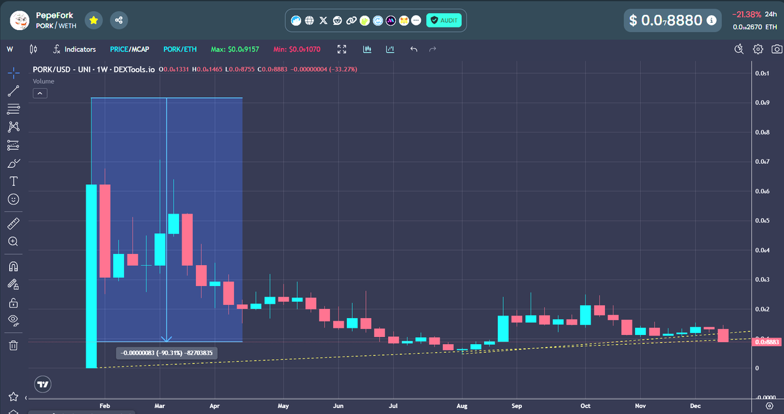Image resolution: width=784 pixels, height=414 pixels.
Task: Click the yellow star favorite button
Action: [x=94, y=20]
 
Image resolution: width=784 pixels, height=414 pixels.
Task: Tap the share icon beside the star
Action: [x=119, y=20]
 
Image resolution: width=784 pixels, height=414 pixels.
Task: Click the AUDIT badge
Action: [x=444, y=21]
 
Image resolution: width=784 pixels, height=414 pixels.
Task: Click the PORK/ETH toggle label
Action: [x=180, y=49]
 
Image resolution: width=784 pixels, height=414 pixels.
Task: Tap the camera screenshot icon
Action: [x=777, y=49]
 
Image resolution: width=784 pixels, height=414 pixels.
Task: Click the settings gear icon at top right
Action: [x=758, y=49]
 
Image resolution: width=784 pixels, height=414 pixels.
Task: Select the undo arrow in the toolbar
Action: [x=414, y=49]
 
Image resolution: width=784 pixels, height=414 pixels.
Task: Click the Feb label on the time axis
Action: [x=105, y=406]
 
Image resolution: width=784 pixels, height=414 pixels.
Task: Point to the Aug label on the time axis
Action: [x=461, y=406]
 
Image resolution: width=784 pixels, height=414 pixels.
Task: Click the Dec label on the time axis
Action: [x=695, y=406]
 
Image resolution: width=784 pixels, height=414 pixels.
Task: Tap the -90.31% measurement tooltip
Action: [x=168, y=353]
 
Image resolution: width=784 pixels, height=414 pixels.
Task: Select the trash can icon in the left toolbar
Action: [x=13, y=345]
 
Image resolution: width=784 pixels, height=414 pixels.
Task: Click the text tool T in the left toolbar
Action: [x=13, y=181]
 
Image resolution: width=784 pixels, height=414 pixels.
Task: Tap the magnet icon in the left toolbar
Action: [x=13, y=266]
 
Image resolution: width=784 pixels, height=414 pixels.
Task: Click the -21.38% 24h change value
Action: [x=745, y=14]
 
